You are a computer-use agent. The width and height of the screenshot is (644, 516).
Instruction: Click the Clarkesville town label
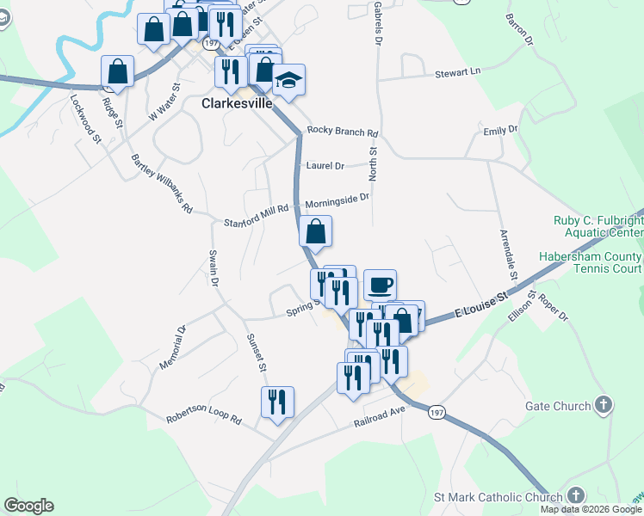237,103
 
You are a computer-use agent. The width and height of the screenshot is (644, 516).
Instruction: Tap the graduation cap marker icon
288,81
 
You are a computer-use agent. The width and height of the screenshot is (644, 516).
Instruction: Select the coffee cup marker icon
380,285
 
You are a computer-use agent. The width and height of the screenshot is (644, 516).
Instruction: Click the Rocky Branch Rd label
343,133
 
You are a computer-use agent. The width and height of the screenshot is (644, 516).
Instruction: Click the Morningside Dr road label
337,200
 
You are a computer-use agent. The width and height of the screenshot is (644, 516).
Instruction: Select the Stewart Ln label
456,73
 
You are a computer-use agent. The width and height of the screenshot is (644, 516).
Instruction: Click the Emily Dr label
500,130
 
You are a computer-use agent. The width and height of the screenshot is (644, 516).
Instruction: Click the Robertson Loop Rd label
206,419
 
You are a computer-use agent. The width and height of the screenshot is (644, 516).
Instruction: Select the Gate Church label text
558,406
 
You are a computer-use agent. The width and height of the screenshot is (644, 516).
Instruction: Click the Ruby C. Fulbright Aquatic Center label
597,226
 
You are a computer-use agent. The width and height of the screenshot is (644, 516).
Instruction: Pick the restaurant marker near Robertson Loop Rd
277,402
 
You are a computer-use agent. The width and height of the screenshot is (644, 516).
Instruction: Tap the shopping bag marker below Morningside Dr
316,230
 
